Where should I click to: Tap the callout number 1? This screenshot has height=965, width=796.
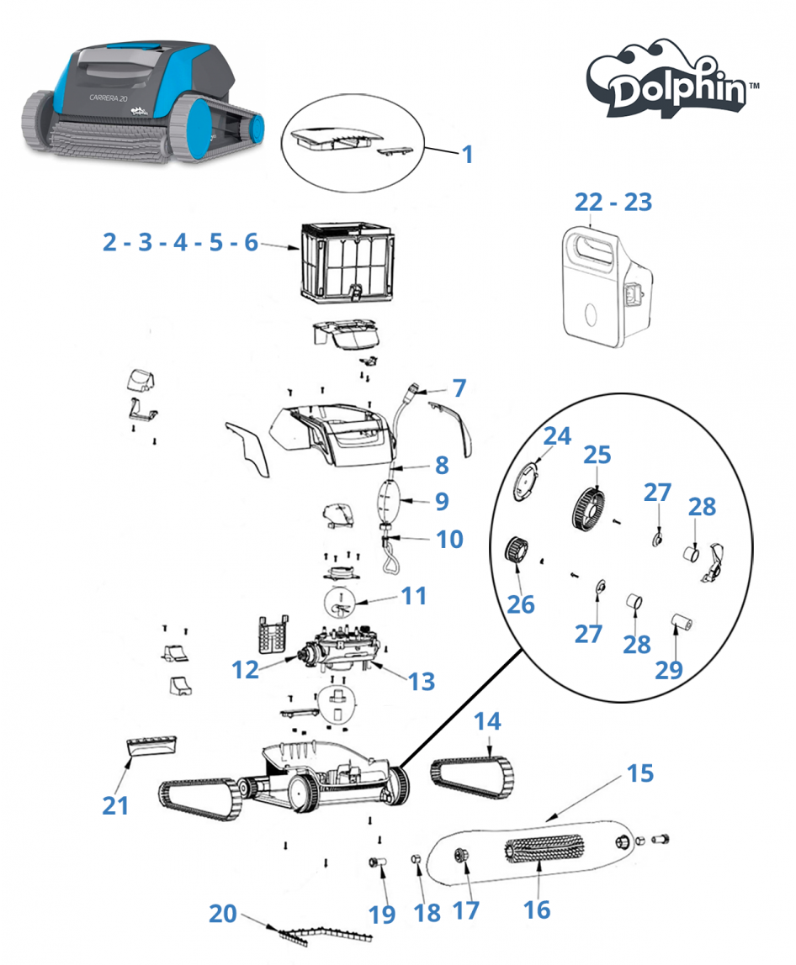point(467,155)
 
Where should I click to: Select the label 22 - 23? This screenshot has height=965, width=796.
point(613,203)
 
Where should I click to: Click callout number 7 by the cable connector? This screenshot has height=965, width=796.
point(459,388)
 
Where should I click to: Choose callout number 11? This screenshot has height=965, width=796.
point(413,596)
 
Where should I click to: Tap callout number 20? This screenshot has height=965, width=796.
point(222,914)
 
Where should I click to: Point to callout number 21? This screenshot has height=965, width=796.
point(116,804)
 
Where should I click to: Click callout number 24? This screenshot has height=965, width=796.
point(556,436)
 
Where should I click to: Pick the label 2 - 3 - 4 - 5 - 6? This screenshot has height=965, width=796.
point(180,242)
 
